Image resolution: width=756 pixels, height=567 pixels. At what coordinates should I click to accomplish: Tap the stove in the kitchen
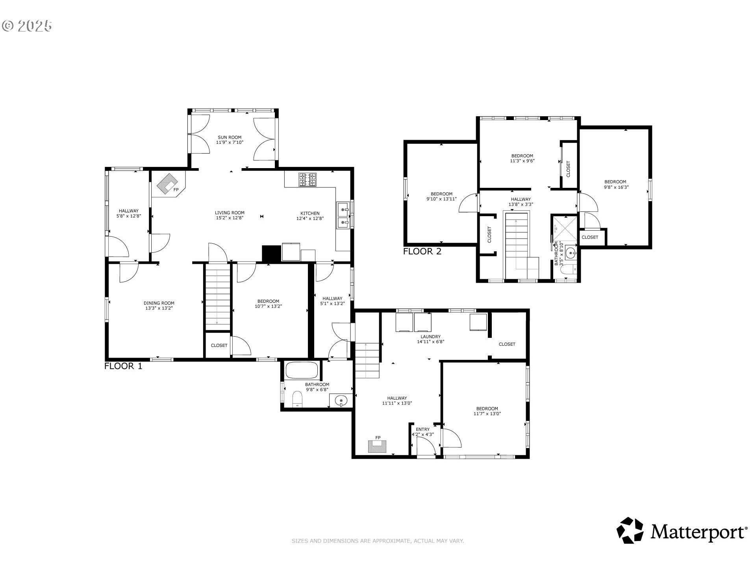click(307, 180)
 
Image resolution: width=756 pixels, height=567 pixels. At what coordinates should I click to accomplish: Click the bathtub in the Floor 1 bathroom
click(302, 370)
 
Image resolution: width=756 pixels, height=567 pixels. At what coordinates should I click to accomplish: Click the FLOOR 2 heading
click(422, 251)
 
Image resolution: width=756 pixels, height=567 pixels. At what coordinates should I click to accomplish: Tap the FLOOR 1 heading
click(123, 366)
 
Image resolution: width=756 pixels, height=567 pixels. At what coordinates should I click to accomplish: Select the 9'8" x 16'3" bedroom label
click(616, 184)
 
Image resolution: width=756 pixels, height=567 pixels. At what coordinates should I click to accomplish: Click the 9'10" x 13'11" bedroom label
click(441, 196)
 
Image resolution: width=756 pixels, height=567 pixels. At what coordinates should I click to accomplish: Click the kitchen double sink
click(342, 215)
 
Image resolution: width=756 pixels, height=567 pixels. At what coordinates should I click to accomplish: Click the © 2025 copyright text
click(27, 26)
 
